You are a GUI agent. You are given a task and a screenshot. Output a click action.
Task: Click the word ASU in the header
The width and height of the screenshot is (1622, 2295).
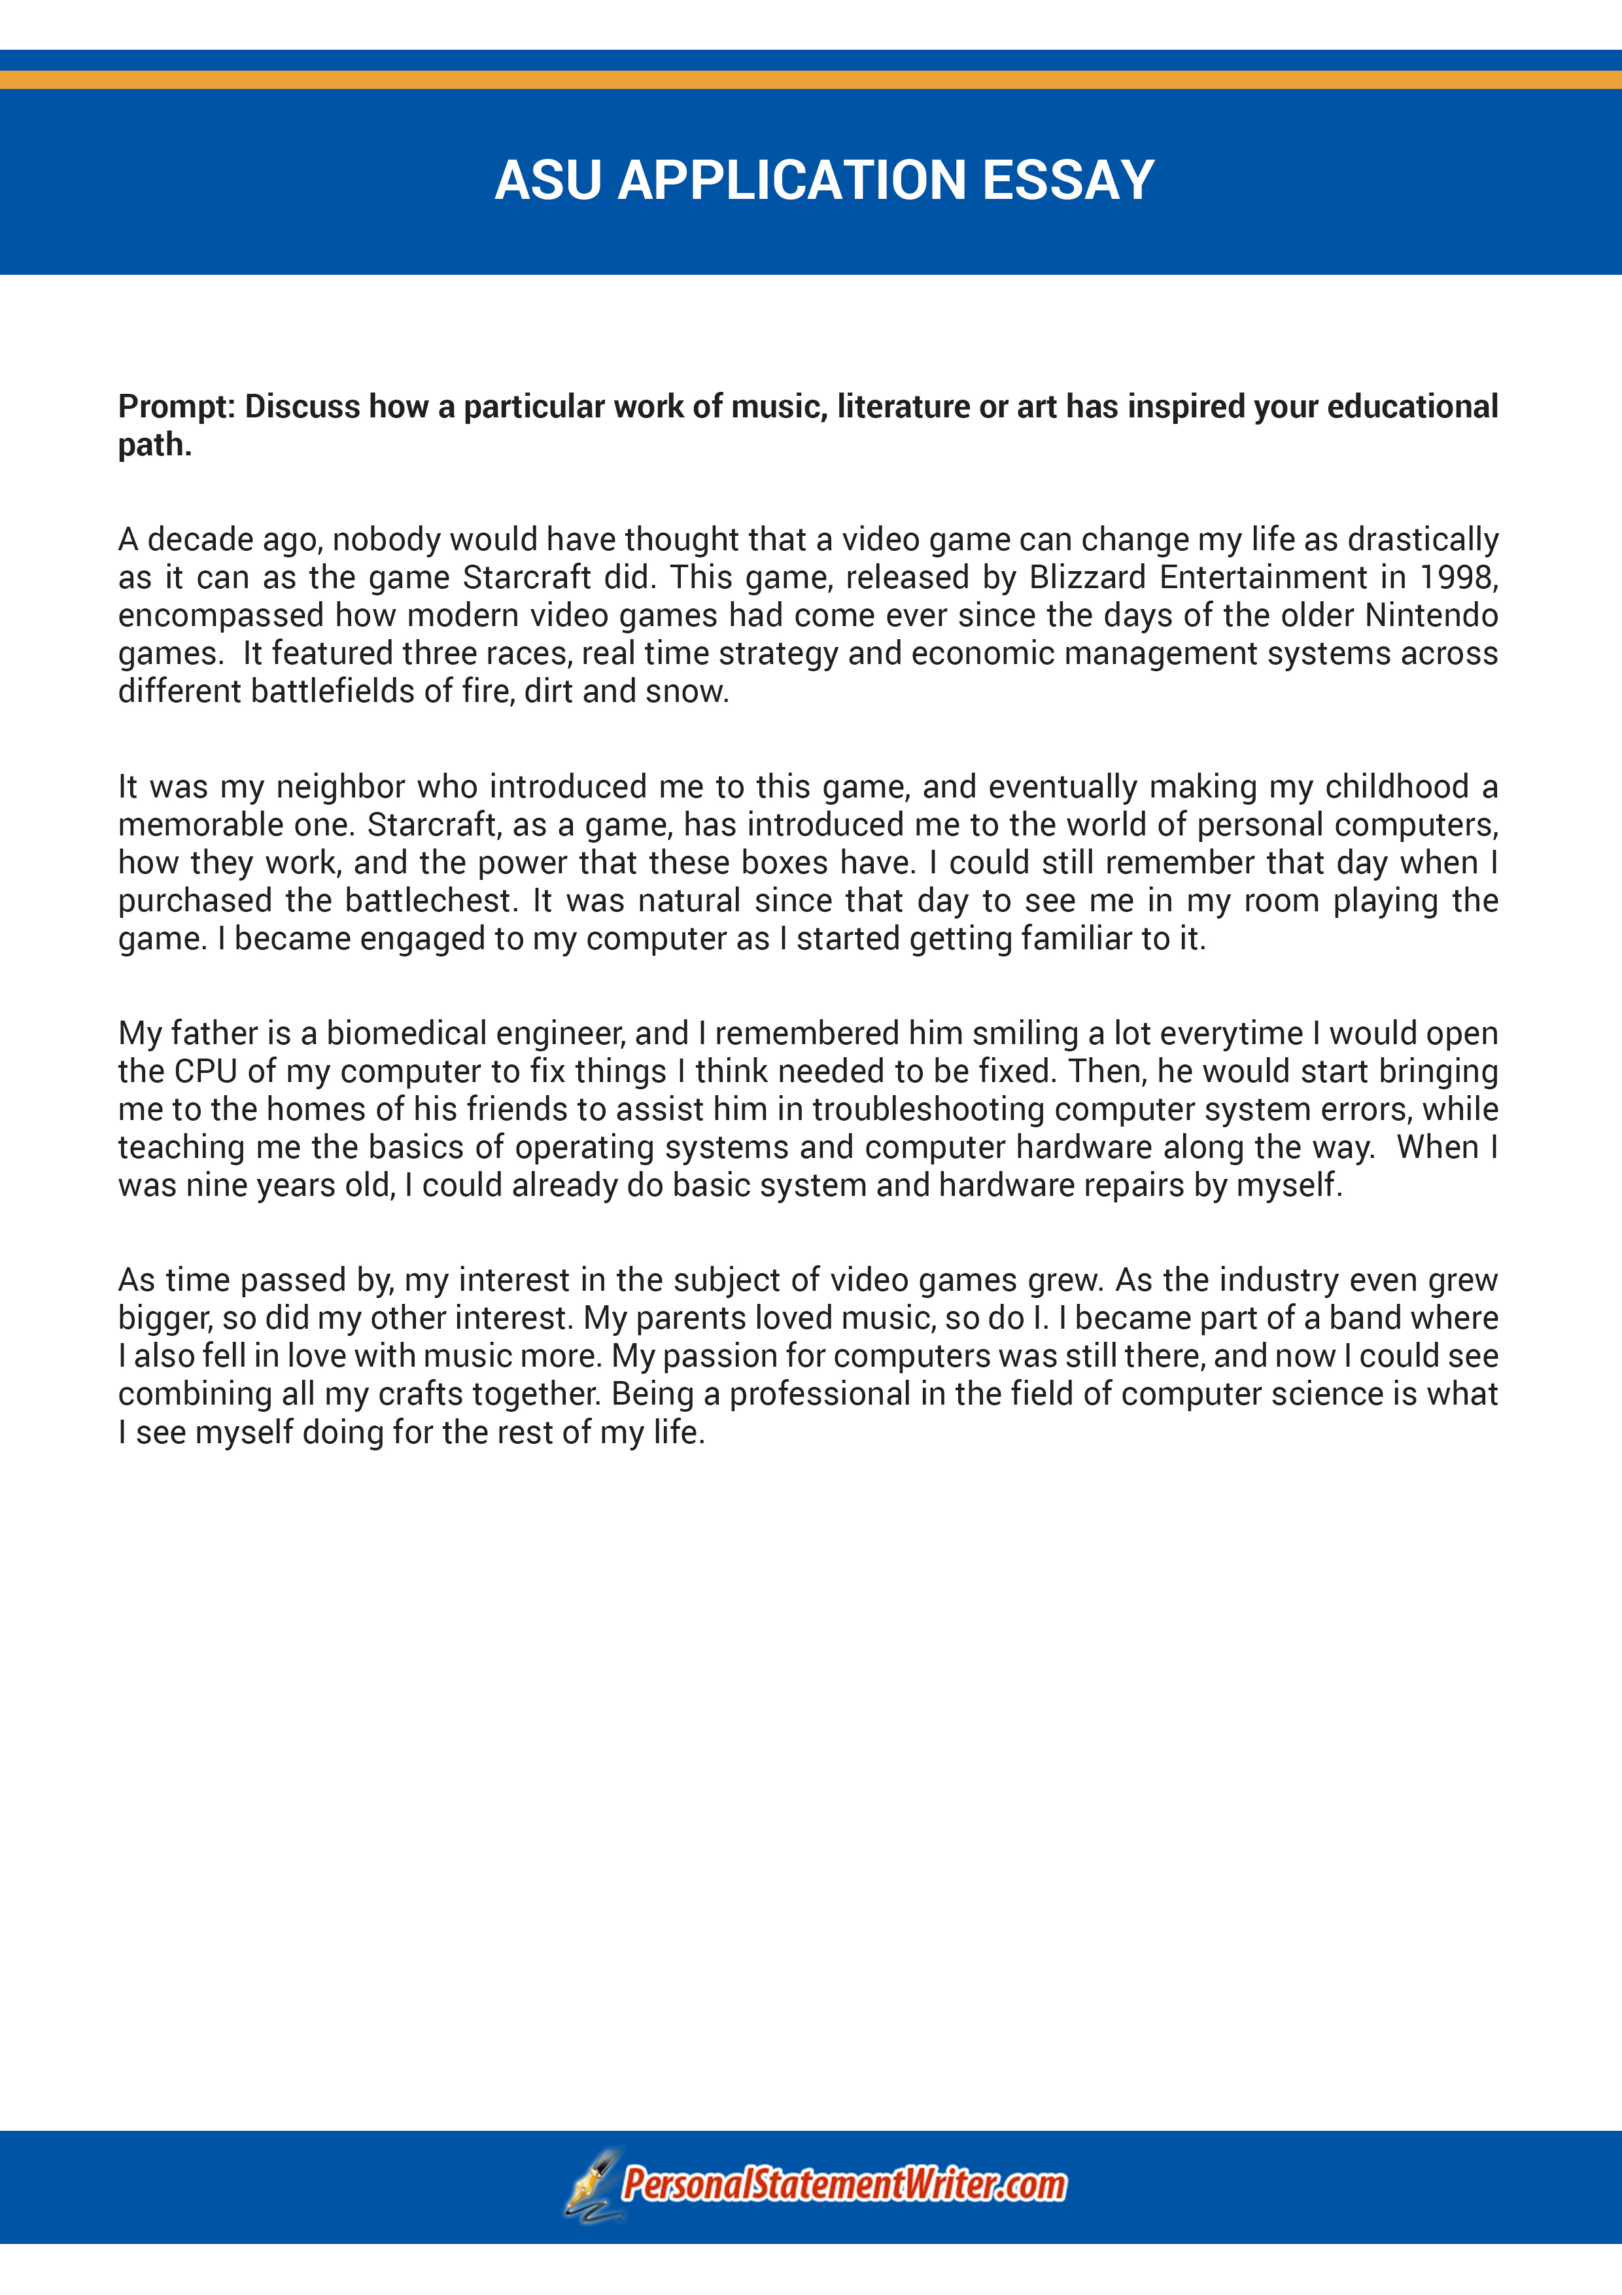547,181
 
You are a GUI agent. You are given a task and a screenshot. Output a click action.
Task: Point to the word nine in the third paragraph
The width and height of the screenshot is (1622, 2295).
216,1185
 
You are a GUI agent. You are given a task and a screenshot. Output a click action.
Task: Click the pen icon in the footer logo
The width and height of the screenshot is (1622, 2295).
592,2185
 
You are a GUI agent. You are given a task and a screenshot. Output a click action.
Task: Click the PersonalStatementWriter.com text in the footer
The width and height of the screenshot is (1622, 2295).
844,2185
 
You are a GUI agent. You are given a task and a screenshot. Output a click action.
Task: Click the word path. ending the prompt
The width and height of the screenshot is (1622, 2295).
154,445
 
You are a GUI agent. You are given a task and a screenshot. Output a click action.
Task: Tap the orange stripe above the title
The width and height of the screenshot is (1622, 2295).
810,79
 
